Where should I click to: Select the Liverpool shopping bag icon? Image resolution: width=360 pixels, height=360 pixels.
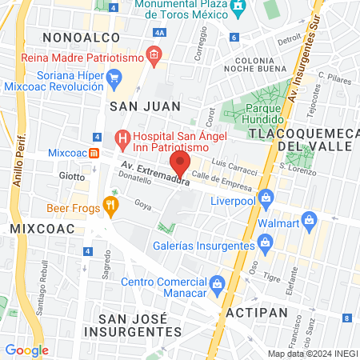point(266,197)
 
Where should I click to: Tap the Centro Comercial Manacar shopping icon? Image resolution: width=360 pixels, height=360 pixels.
point(216,284)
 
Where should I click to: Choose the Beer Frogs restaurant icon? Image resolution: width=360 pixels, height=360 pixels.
point(110,208)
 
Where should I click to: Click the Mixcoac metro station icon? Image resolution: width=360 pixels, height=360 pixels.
point(94,154)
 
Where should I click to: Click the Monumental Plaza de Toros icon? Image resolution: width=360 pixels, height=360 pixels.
point(238,8)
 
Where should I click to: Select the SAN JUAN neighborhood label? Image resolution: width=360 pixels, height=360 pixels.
point(145,106)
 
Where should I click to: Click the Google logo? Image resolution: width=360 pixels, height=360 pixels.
point(26,350)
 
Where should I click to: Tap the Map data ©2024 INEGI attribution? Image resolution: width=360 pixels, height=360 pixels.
point(312,354)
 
